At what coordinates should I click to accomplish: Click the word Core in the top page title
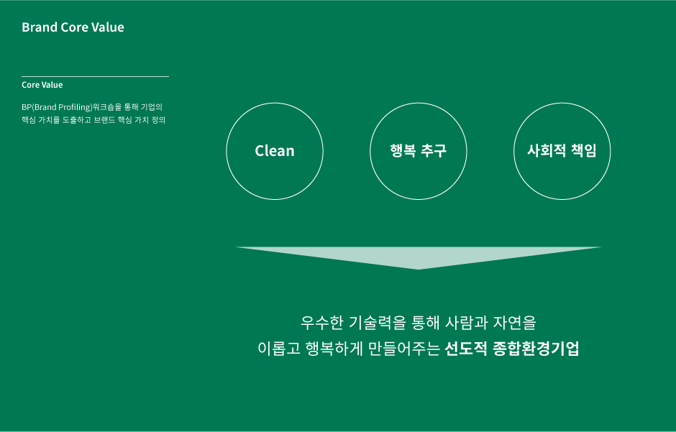pos(75,27)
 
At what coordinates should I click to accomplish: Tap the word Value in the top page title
pos(108,27)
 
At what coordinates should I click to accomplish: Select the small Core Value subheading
pos(42,85)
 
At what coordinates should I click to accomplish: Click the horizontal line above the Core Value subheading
pos(95,77)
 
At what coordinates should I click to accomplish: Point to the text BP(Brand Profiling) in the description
pos(57,107)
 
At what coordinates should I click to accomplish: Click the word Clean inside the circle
pos(275,151)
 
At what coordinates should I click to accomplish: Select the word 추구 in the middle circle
pos(434,150)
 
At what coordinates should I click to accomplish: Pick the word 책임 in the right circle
pos(584,150)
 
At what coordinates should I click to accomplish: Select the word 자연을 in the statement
pos(515,323)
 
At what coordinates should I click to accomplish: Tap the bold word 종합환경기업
pos(536,349)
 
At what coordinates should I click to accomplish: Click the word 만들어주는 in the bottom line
pos(404,349)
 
